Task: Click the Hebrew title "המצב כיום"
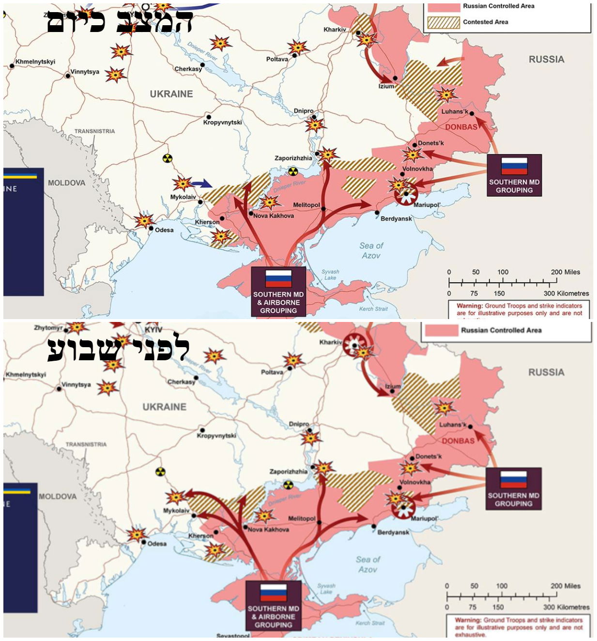click(x=120, y=21)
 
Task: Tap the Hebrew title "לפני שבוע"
click(x=118, y=349)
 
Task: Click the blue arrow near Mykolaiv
click(x=201, y=183)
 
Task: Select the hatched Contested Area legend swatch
click(x=443, y=22)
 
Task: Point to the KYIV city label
click(x=153, y=330)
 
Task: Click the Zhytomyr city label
click(x=48, y=328)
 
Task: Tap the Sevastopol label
click(x=233, y=636)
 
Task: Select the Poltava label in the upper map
click(x=277, y=59)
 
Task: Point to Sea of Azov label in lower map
click(x=368, y=564)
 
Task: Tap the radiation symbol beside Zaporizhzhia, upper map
click(x=292, y=171)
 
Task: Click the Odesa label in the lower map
click(x=157, y=544)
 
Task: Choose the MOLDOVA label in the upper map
click(x=66, y=183)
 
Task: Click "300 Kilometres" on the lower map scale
click(x=566, y=607)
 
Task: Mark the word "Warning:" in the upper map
click(x=469, y=306)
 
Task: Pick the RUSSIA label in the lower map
click(x=546, y=372)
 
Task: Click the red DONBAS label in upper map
click(x=461, y=127)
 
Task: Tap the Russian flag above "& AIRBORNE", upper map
click(x=278, y=278)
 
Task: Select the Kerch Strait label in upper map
click(x=373, y=309)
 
